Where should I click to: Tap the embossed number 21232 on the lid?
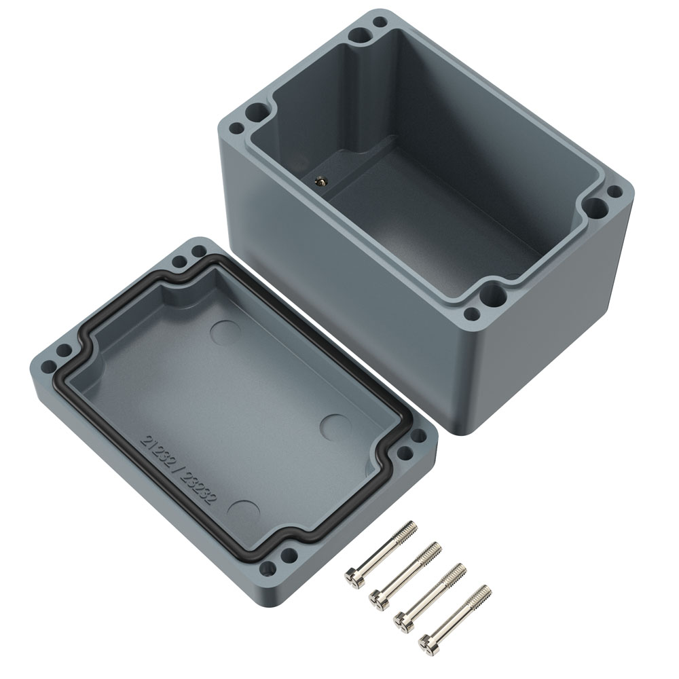[156, 451]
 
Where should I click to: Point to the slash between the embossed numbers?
[177, 470]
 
